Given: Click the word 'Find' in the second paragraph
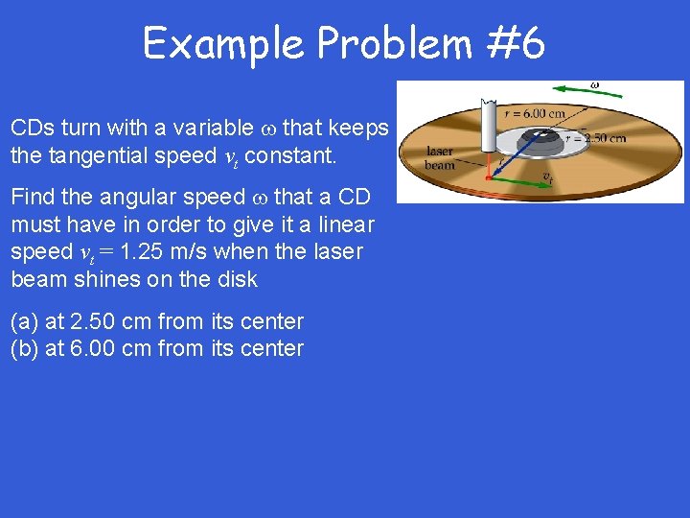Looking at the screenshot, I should (x=33, y=198).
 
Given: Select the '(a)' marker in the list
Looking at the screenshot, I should (x=25, y=321).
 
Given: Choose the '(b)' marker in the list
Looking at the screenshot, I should (x=25, y=348).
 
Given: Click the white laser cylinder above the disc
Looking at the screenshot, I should (x=491, y=125).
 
